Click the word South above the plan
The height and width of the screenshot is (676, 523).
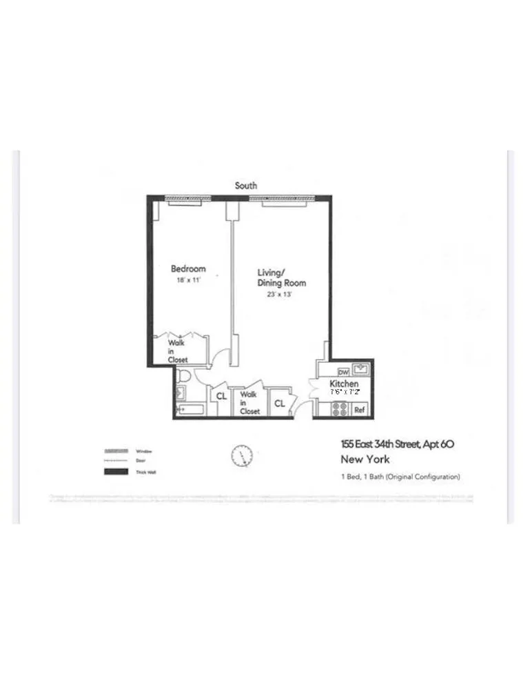coord(246,186)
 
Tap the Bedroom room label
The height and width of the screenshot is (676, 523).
coord(188,269)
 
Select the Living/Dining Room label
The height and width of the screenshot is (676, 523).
coord(282,277)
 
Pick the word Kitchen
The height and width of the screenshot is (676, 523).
coord(344,384)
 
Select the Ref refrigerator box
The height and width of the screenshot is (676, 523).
coord(359,410)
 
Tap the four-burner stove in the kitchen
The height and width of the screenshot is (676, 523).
coord(339,408)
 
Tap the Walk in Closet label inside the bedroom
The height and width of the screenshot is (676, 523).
coord(176,350)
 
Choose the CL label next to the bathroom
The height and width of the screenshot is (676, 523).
coord(222,397)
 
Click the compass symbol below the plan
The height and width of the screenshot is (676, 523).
coord(243,455)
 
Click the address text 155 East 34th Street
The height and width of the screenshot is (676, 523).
coord(397,445)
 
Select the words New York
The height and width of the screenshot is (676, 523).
coord(365,459)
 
